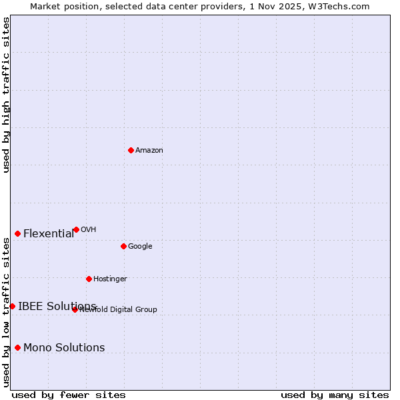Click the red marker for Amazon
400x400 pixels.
[131, 150]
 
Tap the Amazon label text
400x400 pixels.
[149, 151]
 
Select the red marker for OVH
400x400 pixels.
[76, 229]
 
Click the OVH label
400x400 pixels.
[89, 230]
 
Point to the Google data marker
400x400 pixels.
[123, 246]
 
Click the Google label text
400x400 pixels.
[140, 247]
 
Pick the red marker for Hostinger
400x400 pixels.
[89, 279]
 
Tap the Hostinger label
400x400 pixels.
[110, 279]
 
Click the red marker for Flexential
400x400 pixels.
[17, 233]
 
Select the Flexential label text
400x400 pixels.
[49, 234]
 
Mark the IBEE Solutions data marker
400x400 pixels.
[12, 306]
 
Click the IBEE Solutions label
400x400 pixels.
[57, 307]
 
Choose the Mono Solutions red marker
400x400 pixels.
[17, 347]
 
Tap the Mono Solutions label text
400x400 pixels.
[64, 348]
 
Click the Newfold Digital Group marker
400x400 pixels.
[75, 309]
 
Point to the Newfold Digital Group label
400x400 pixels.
[119, 310]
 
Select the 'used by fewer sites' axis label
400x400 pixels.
[69, 395]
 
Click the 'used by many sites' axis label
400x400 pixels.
[335, 395]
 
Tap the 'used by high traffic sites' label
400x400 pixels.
[7, 95]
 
